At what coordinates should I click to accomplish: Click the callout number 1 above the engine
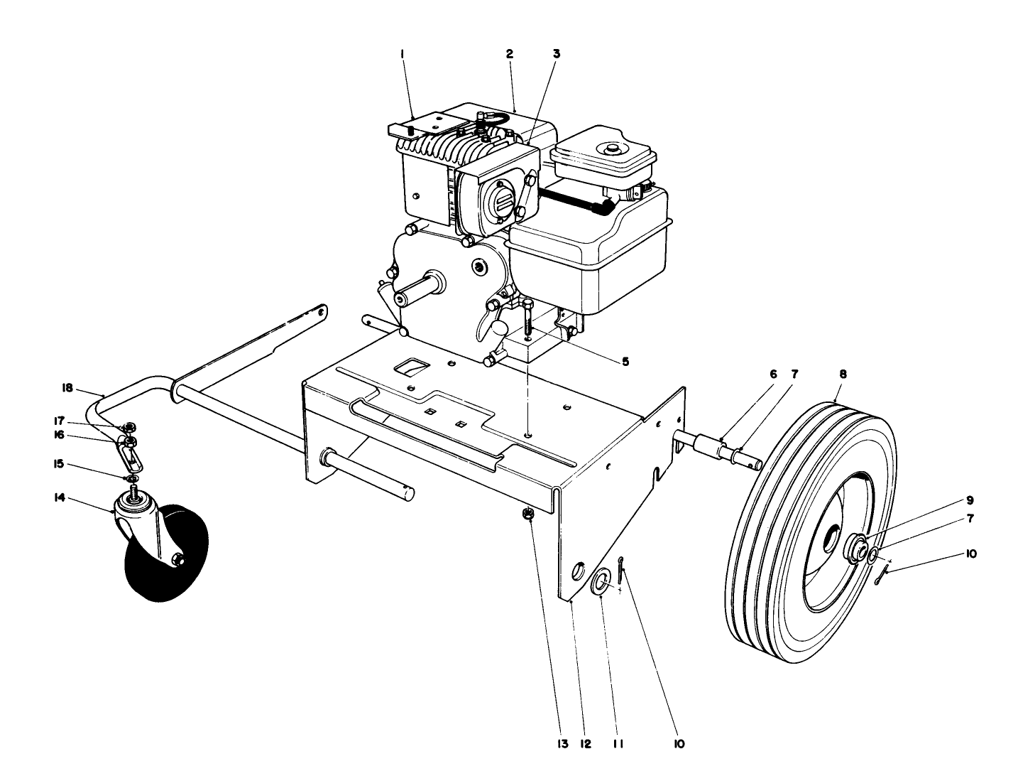pyautogui.click(x=402, y=53)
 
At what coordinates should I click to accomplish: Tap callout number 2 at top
pyautogui.click(x=510, y=53)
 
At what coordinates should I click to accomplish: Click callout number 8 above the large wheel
pyautogui.click(x=843, y=374)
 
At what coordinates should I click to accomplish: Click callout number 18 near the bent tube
pyautogui.click(x=67, y=388)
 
